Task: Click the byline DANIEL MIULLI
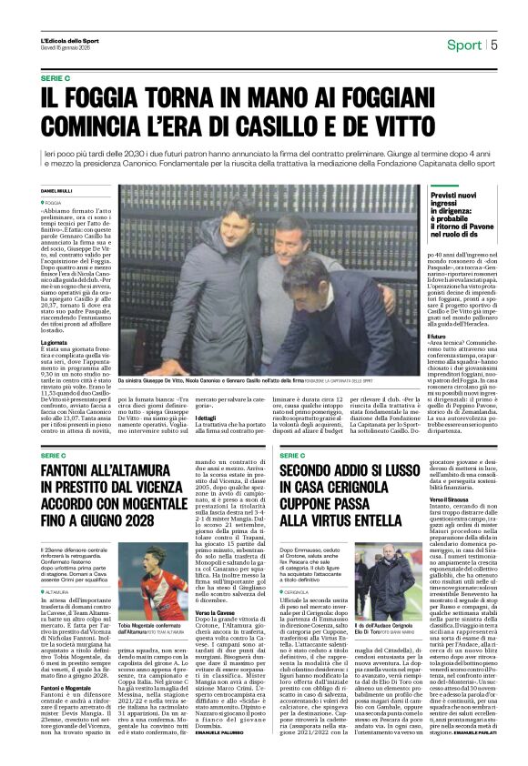point(56,190)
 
